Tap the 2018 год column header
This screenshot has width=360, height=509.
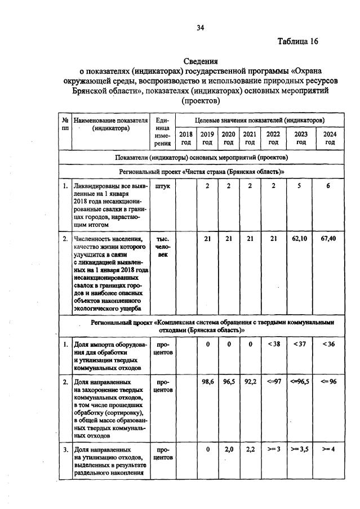click(186, 138)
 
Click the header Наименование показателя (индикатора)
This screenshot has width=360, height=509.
click(110, 124)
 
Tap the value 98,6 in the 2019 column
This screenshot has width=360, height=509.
click(207, 381)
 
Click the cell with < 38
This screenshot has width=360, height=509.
click(273, 343)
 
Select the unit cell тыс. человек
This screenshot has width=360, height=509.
click(162, 247)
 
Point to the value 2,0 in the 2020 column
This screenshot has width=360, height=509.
click(229, 449)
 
